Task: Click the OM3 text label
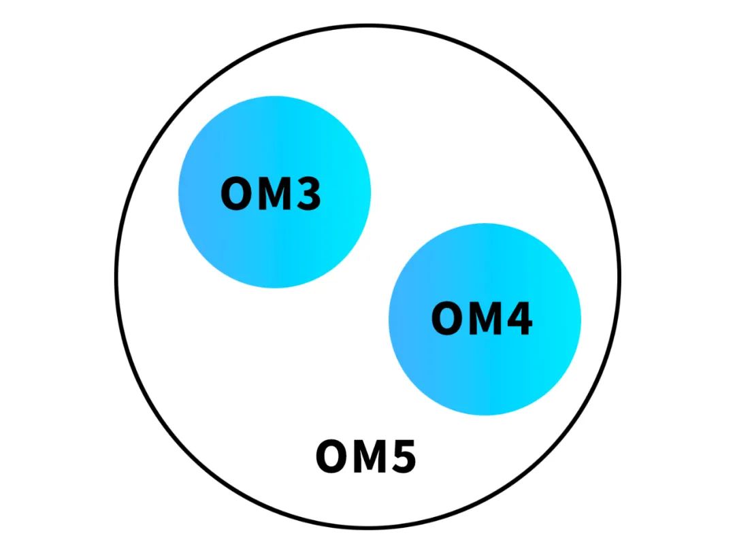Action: (271, 193)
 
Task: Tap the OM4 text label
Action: (482, 318)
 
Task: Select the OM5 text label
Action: (366, 456)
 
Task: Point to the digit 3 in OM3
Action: (310, 193)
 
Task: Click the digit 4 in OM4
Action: (519, 318)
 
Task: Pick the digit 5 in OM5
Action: (404, 456)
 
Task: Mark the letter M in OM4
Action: (485, 318)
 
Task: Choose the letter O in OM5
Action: (332, 456)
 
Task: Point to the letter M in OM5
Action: (370, 456)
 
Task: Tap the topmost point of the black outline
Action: (368, 25)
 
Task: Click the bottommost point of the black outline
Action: (368, 528)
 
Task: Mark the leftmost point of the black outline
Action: (116, 276)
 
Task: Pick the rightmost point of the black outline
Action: (620, 276)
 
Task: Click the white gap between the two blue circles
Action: (380, 256)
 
